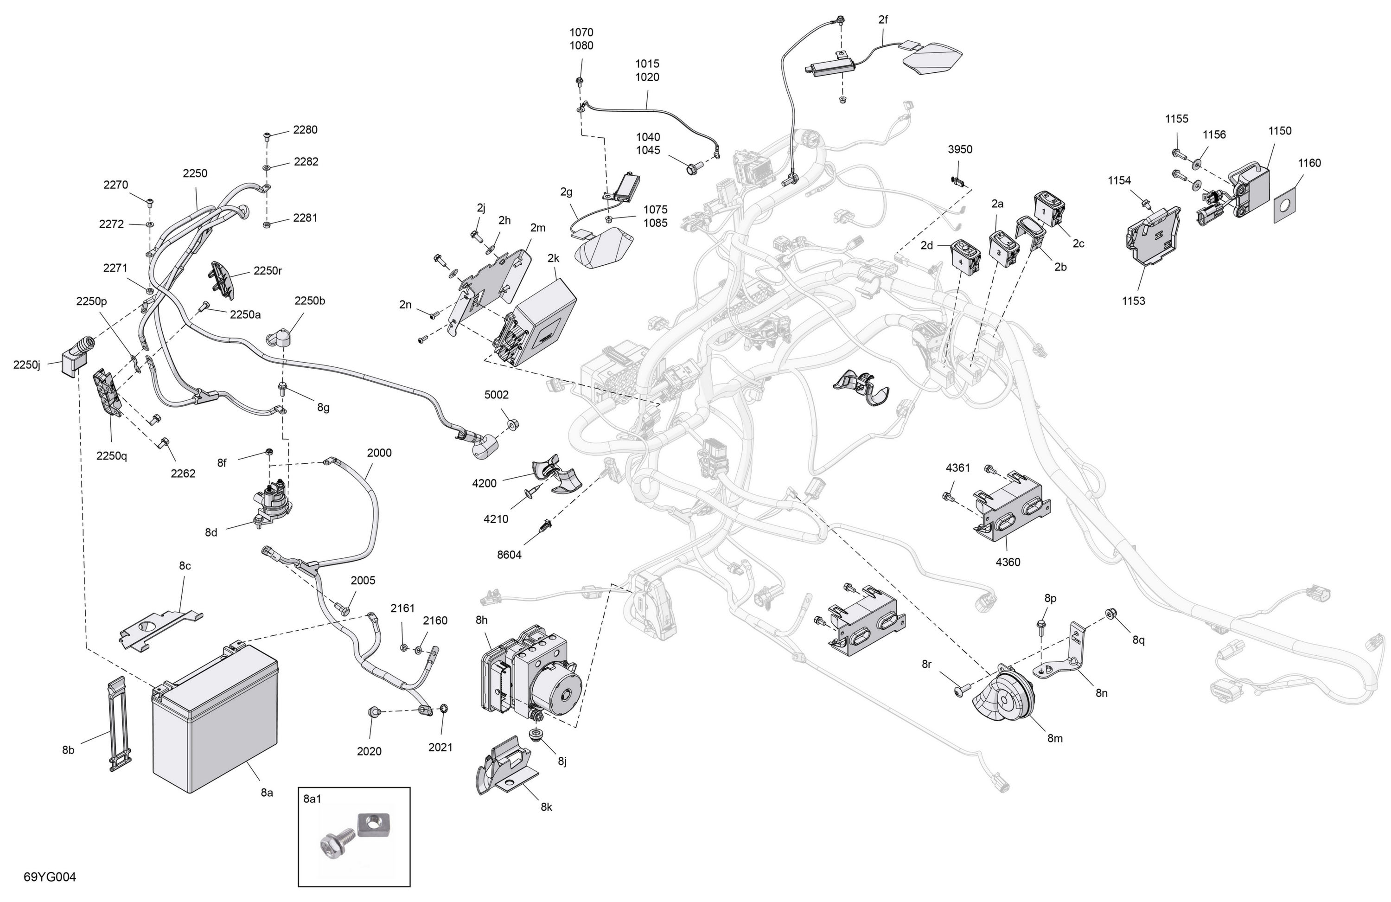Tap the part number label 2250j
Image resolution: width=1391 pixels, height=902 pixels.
coord(27,365)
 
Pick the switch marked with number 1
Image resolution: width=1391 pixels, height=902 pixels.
coord(1050,209)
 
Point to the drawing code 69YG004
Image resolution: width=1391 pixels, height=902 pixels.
coord(50,877)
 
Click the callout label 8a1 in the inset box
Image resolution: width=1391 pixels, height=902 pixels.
coord(312,799)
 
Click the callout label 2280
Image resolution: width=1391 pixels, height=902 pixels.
coord(305,130)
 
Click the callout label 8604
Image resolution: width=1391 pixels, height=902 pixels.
coord(509,555)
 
